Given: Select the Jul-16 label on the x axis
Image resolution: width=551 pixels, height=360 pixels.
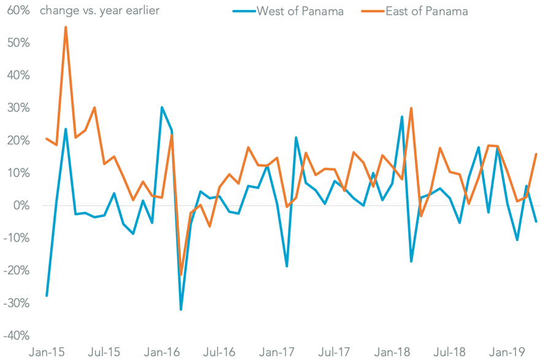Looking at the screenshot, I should tap(219, 352).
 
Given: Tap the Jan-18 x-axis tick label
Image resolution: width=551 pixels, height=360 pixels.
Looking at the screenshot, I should tap(392, 352).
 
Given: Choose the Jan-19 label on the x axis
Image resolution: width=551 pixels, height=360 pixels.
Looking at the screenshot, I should tap(507, 352).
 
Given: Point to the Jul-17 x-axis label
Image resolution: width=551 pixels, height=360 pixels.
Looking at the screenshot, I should tap(334, 352).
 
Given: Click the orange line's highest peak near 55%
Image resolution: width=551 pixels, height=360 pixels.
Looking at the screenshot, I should tap(66, 27).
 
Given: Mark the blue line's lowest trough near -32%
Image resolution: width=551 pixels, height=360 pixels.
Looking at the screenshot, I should tap(181, 310).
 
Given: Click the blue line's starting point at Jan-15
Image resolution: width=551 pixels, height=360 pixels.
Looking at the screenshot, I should tap(47, 296).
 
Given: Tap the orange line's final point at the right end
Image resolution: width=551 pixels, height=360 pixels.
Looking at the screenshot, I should tap(536, 154).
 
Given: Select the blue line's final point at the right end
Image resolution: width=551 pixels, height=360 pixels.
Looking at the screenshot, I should tap(536, 221).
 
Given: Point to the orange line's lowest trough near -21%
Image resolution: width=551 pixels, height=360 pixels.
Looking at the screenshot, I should tap(181, 275).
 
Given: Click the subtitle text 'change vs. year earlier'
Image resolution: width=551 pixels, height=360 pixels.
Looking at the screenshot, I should tap(99, 11).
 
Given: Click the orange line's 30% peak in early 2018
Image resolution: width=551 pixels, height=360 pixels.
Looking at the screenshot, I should tap(411, 108).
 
